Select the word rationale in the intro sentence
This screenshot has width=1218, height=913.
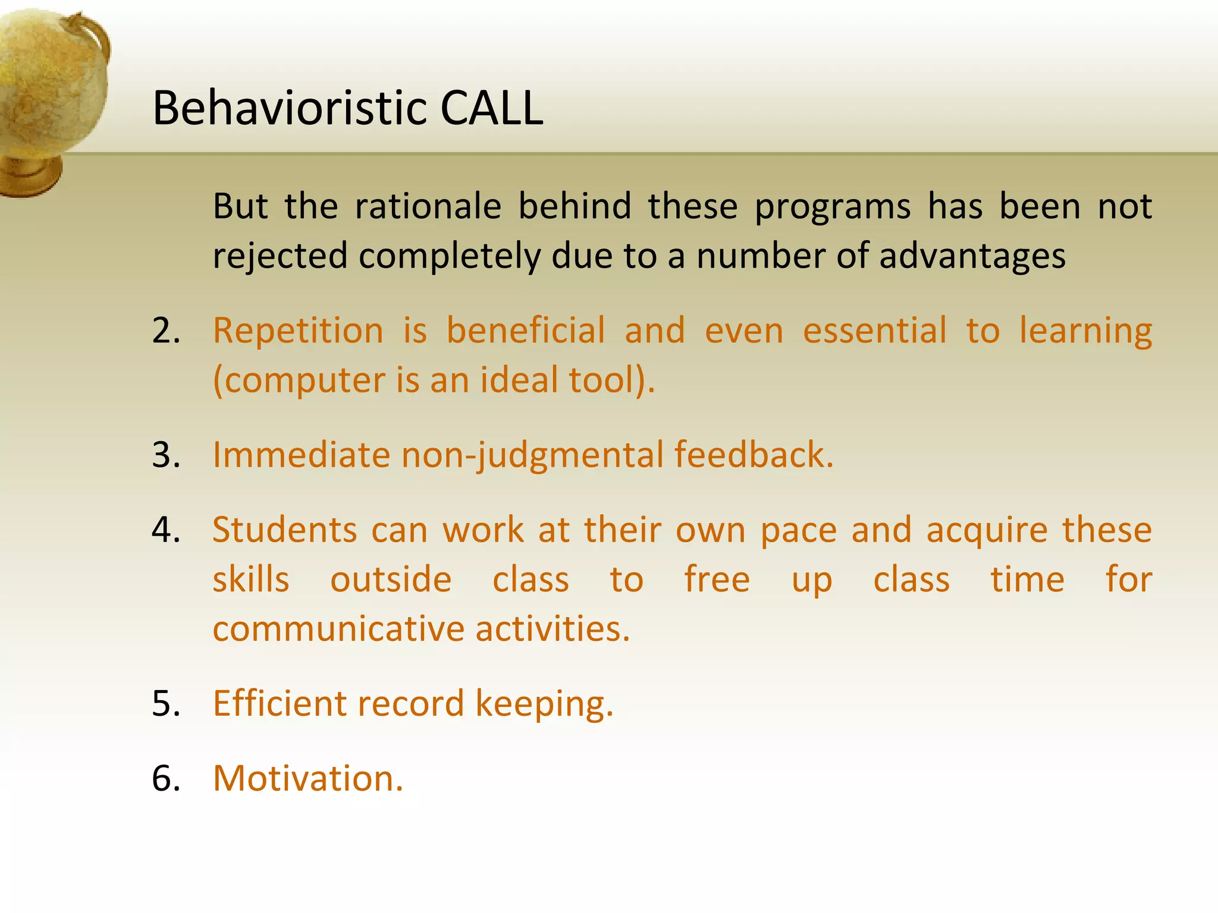click(428, 206)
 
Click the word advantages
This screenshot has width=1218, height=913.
click(972, 256)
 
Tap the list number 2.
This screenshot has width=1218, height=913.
click(166, 330)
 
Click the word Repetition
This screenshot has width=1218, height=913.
click(298, 330)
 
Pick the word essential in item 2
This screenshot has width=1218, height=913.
click(874, 330)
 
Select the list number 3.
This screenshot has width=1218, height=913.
click(166, 455)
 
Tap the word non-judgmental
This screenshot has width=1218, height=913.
click(533, 455)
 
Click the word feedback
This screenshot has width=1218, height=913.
click(754, 455)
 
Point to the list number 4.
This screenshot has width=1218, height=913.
click(166, 530)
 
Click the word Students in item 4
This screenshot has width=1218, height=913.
click(284, 530)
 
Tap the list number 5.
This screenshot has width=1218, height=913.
click(166, 704)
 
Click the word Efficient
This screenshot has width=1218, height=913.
click(279, 704)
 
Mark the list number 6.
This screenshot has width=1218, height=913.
click(166, 779)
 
